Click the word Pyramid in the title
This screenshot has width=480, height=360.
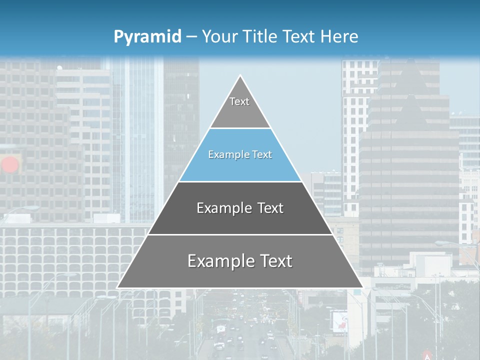coord(147,37)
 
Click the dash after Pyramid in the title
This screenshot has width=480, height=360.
coord(191,37)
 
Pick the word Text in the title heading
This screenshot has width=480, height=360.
coord(299,36)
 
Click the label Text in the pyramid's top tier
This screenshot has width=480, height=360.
coord(239,101)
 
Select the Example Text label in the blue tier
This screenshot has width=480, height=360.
coord(240,154)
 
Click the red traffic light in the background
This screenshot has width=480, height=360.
coord(10,164)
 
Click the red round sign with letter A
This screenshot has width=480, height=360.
coord(427,354)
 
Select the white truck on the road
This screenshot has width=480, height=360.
coord(220,330)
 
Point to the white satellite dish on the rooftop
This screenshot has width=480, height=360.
coord(59,68)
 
